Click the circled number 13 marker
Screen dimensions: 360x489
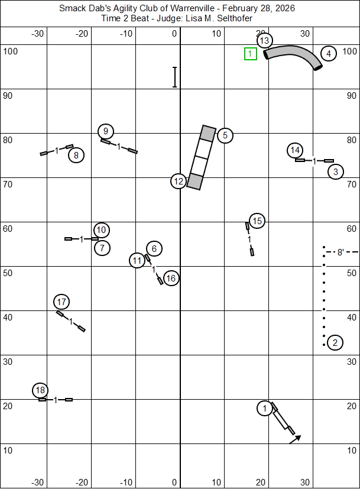(264, 41)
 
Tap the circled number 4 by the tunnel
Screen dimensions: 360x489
(329, 54)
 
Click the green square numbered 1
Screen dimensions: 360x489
(250, 54)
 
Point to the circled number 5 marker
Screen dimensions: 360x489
(225, 135)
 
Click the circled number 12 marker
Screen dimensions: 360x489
(179, 181)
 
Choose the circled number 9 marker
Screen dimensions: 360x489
(106, 131)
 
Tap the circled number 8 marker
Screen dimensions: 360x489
(76, 156)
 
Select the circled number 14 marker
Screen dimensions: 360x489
(296, 150)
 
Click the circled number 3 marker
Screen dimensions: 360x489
(336, 172)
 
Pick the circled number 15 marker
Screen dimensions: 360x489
(257, 221)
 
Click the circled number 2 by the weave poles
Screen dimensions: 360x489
(335, 342)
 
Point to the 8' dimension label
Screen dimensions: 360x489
(340, 252)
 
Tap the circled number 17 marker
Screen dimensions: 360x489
(61, 302)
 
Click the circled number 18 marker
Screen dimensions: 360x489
(40, 390)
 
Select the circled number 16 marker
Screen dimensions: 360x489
(171, 278)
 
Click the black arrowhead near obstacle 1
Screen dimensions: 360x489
(298, 438)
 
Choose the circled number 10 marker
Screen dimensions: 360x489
(102, 230)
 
